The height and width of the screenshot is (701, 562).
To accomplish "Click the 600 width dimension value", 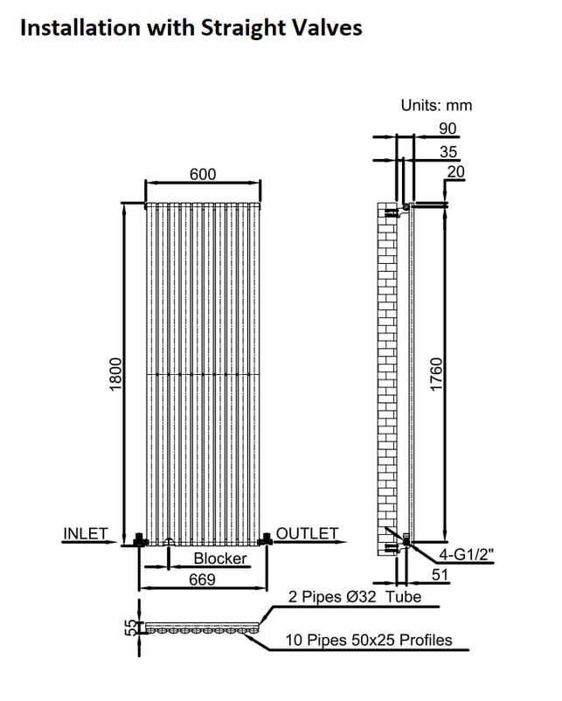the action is tap(203, 174).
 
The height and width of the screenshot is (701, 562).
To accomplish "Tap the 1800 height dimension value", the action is tap(115, 374).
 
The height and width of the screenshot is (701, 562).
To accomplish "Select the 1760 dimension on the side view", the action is tap(436, 374).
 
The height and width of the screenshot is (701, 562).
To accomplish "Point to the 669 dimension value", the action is tap(202, 580).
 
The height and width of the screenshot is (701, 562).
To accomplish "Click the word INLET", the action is tap(86, 533).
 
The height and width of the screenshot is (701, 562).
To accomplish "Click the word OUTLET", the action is tap(307, 533).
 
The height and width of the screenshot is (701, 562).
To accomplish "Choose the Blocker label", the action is tap(220, 559).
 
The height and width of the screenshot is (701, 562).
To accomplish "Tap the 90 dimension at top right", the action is tap(448, 128).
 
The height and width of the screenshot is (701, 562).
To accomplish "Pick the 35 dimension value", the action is tap(448, 152).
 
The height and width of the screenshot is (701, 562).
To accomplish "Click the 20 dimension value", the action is tap(455, 171).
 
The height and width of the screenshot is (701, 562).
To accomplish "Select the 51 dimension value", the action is tap(440, 574).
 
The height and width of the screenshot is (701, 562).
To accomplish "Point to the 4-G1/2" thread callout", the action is tap(467, 555).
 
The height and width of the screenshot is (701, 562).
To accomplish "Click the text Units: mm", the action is tap(436, 106).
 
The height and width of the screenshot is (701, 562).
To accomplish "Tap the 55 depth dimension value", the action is tap(129, 628).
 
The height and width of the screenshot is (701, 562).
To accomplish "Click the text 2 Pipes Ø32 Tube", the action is tap(355, 597).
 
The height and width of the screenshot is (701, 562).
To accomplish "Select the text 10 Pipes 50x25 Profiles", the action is tap(369, 640).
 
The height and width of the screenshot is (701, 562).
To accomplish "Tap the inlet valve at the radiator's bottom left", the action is tap(140, 539).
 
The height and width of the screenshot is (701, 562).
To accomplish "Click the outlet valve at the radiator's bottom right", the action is tap(266, 538).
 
